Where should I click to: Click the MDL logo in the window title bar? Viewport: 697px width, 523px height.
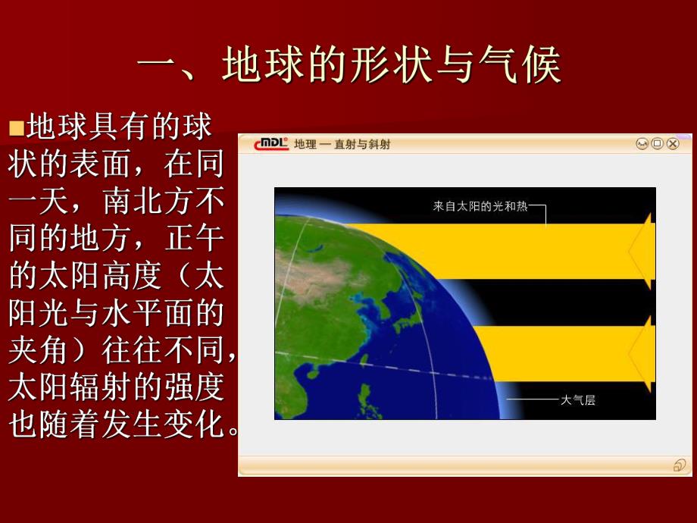(271, 144)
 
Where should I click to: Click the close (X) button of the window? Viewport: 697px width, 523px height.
(673, 144)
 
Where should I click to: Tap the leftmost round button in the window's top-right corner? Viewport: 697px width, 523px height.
(642, 144)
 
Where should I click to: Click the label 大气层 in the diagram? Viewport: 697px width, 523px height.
(577, 399)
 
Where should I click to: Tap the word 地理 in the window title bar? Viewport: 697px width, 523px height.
(305, 144)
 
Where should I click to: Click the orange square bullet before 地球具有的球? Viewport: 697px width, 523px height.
(17, 128)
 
